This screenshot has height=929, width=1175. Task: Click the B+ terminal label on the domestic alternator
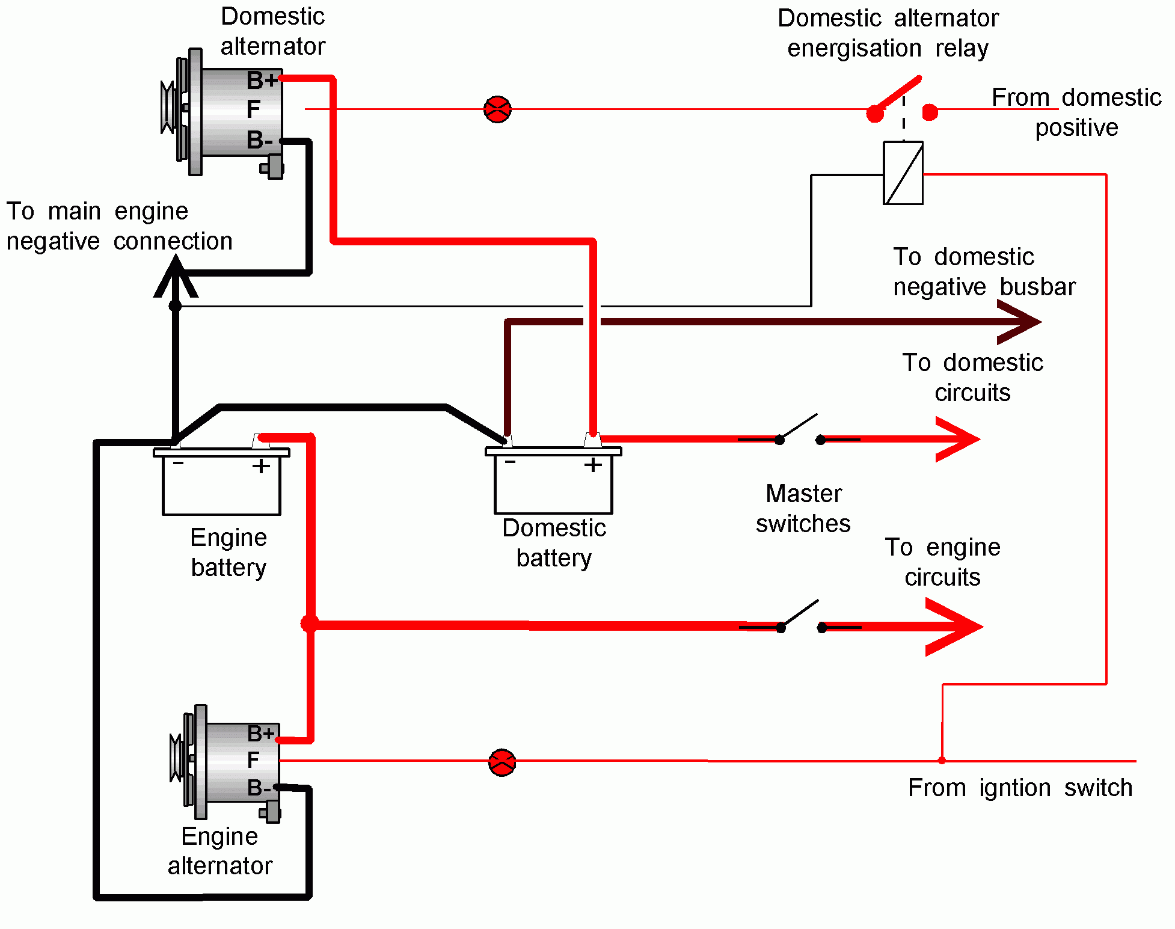(262, 80)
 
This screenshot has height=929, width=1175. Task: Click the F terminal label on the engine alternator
(253, 760)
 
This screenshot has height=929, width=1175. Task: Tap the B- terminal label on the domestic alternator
(260, 140)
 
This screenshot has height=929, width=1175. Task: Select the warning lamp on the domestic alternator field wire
(497, 109)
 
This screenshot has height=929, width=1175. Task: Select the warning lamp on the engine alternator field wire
(502, 762)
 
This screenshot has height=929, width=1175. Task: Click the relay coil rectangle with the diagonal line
(903, 173)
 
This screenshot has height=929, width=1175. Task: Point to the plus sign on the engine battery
(261, 466)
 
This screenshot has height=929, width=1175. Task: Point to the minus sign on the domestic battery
(510, 462)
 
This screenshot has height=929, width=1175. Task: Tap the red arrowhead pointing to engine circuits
(956, 627)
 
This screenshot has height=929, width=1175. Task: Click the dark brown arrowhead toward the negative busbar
(1019, 322)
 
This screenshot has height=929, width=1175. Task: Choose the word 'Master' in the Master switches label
(803, 494)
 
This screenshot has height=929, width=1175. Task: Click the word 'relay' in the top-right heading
(962, 48)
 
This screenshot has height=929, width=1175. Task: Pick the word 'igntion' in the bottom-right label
(1014, 788)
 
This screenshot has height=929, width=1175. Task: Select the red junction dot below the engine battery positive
(309, 624)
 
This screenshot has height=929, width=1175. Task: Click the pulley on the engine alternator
(176, 759)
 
